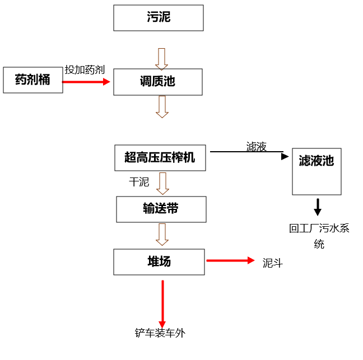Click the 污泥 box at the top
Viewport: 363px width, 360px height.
[158, 18]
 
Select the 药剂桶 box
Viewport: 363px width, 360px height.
[32, 80]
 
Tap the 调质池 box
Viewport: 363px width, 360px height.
[158, 82]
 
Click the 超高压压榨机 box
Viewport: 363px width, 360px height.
[160, 158]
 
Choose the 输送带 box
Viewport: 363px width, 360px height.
[161, 209]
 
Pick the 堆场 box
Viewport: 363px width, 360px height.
[159, 262]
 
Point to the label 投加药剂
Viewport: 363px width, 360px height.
[85, 69]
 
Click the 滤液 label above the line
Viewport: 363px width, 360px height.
[256, 147]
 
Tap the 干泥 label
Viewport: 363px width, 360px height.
[139, 182]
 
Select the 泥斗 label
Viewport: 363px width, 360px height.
[273, 263]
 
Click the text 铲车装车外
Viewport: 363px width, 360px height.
[160, 333]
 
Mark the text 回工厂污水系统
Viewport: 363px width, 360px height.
[319, 236]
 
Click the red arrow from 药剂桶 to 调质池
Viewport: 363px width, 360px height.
[87, 82]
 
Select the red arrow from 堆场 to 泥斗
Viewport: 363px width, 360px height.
[230, 260]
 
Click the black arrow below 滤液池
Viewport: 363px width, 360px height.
[318, 207]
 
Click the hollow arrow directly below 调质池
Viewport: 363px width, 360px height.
[162, 106]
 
